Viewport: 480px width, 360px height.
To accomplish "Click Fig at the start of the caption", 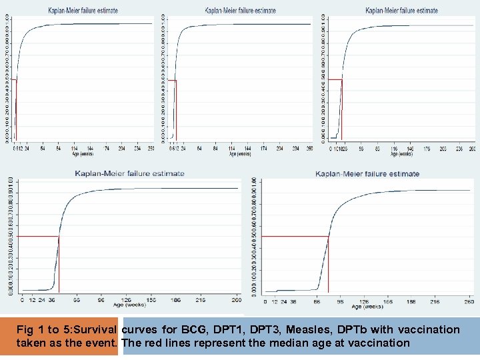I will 25,329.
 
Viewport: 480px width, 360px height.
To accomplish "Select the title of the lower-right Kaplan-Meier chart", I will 367,174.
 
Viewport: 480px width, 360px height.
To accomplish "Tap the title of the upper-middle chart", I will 240,11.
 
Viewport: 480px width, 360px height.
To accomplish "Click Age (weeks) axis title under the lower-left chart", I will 129,305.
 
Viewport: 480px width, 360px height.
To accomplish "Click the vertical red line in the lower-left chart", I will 59,267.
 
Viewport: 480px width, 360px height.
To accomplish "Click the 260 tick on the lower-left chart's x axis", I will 237,300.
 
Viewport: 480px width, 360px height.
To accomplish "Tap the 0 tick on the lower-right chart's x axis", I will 266,301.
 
